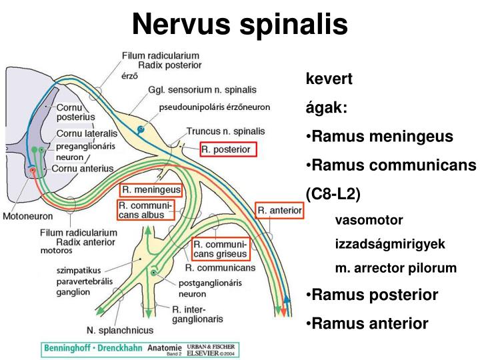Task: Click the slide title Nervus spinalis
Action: [239, 25]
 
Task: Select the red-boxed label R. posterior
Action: [229, 149]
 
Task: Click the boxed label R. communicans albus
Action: [146, 210]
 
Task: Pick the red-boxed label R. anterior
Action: [280, 210]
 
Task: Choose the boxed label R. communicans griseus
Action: [221, 247]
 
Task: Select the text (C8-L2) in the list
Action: [333, 194]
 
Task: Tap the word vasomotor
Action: [368, 219]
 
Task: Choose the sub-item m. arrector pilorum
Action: [395, 268]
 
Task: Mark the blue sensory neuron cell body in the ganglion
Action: [141, 129]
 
